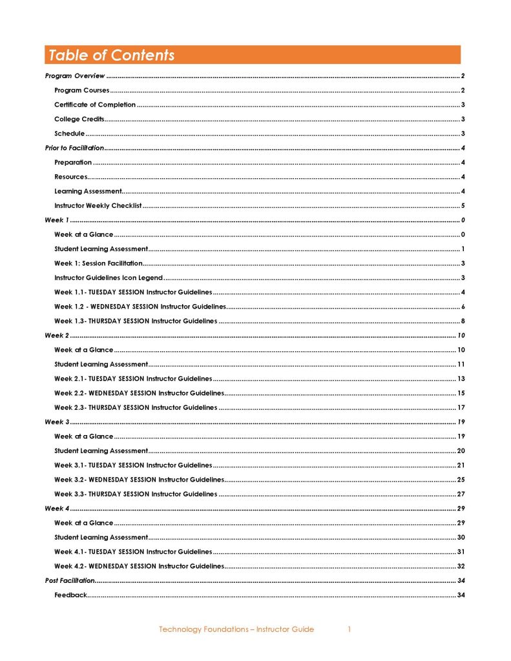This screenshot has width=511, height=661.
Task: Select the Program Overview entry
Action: (x=75, y=76)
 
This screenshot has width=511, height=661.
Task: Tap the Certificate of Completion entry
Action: (x=95, y=105)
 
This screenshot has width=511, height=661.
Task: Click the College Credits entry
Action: (x=79, y=119)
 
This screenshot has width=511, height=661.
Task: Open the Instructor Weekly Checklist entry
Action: (x=98, y=206)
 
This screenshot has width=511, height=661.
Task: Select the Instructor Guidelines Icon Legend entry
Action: (x=109, y=278)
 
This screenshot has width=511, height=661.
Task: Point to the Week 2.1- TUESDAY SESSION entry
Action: (x=133, y=379)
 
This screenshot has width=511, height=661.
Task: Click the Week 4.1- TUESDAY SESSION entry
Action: (x=133, y=552)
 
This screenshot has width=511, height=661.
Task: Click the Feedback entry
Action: (x=70, y=595)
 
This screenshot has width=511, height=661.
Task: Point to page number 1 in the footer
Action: (x=349, y=629)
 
